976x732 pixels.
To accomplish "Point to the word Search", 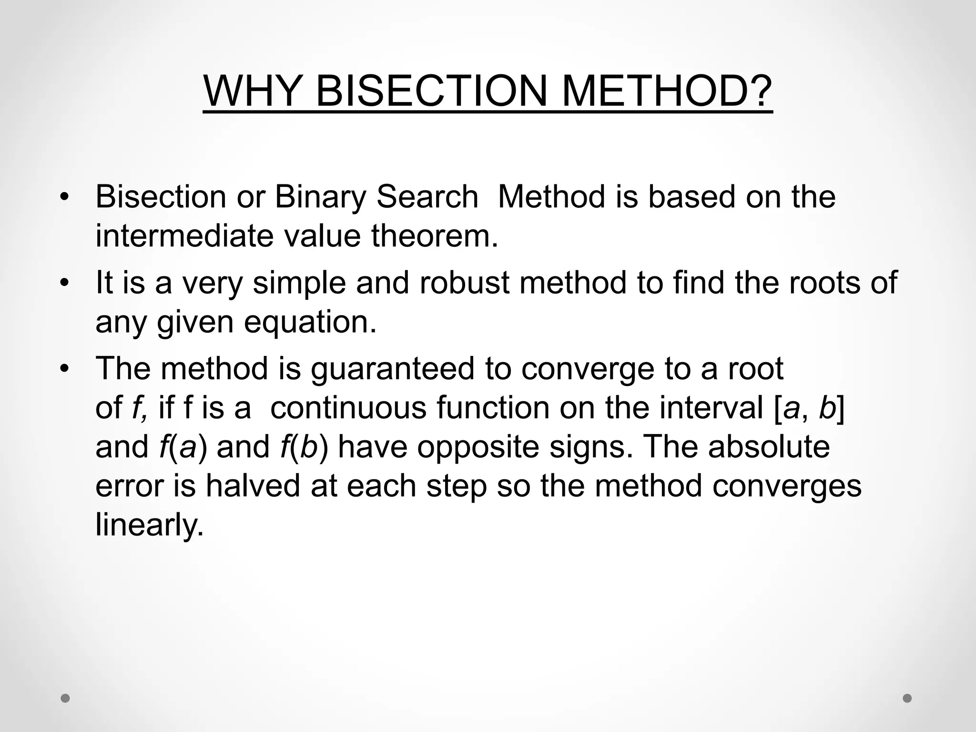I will point(427,197).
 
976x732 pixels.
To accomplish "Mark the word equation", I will point(310,322).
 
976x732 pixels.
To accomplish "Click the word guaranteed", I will point(393,369).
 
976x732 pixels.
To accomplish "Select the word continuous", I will point(348,408).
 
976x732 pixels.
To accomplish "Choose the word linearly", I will point(150,525).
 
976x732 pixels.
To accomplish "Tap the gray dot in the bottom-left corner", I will point(65,698).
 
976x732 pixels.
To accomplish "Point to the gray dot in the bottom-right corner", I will point(907,698).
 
